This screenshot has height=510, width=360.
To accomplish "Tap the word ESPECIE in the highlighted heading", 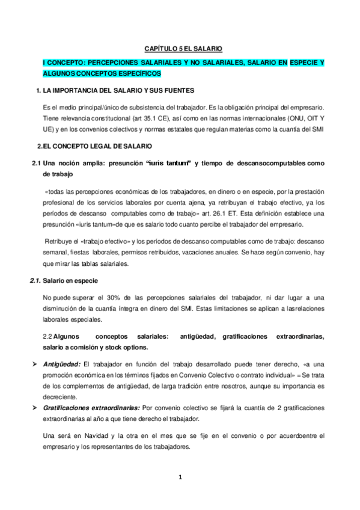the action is click(305, 63).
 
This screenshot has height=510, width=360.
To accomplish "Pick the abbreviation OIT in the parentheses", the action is click(303, 117).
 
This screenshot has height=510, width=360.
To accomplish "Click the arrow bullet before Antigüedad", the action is click(34, 365).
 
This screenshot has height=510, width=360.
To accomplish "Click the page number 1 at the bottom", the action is click(179, 478).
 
